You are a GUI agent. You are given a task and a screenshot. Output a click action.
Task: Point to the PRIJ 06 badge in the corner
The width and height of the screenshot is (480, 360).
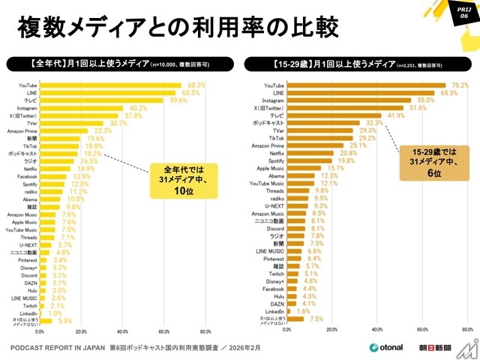[463, 12]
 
